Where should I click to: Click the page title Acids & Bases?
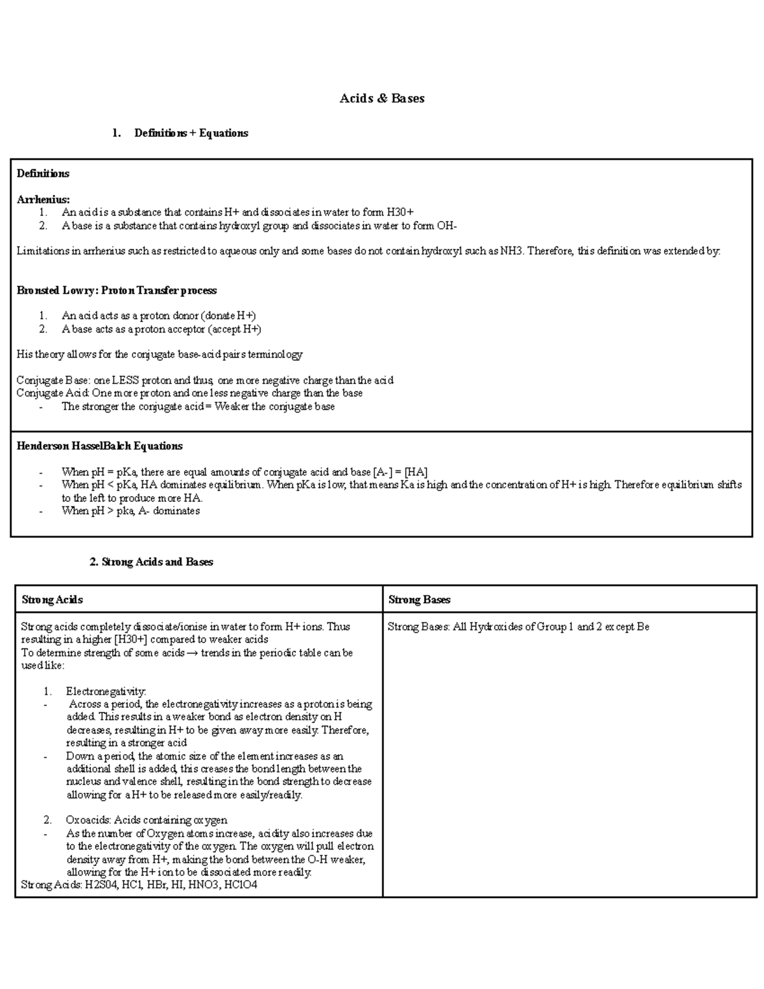tap(382, 99)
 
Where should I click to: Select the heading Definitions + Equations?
tap(191, 133)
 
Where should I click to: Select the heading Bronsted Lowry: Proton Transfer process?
tap(117, 290)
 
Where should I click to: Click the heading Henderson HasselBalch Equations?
tap(99, 446)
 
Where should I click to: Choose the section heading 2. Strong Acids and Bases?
tap(151, 562)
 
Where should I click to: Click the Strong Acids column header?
tap(52, 599)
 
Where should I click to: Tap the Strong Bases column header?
tap(419, 599)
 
